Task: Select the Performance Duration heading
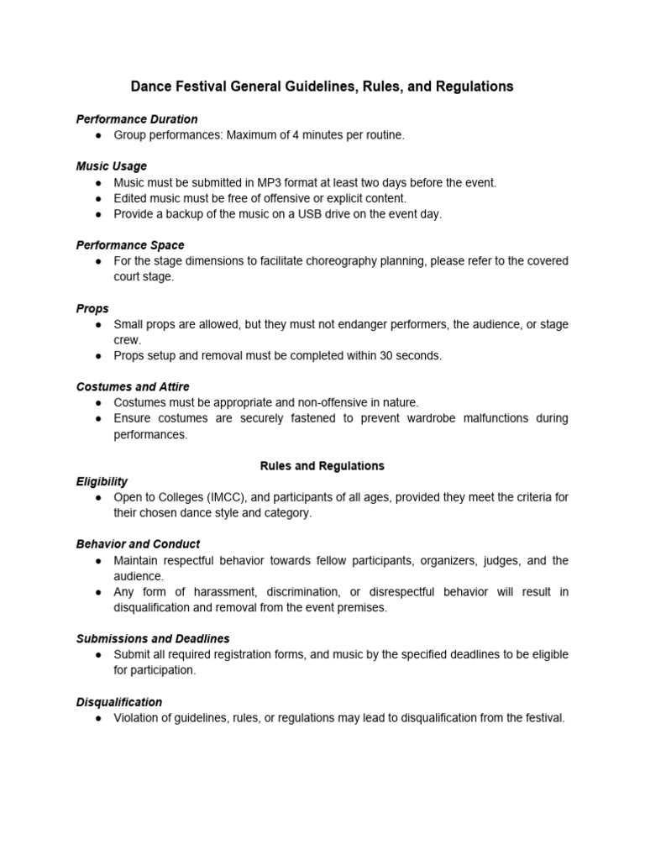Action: tap(137, 119)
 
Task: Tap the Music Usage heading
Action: tap(112, 166)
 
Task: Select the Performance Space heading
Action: tap(130, 245)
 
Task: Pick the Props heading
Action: tap(92, 308)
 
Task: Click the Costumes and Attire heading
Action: tap(133, 386)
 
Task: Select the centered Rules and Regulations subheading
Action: tap(322, 465)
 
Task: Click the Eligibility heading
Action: tap(102, 481)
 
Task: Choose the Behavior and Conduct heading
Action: tap(138, 544)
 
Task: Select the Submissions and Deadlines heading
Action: tap(153, 639)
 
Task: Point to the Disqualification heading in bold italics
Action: tap(119, 702)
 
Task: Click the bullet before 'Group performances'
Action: tap(98, 135)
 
